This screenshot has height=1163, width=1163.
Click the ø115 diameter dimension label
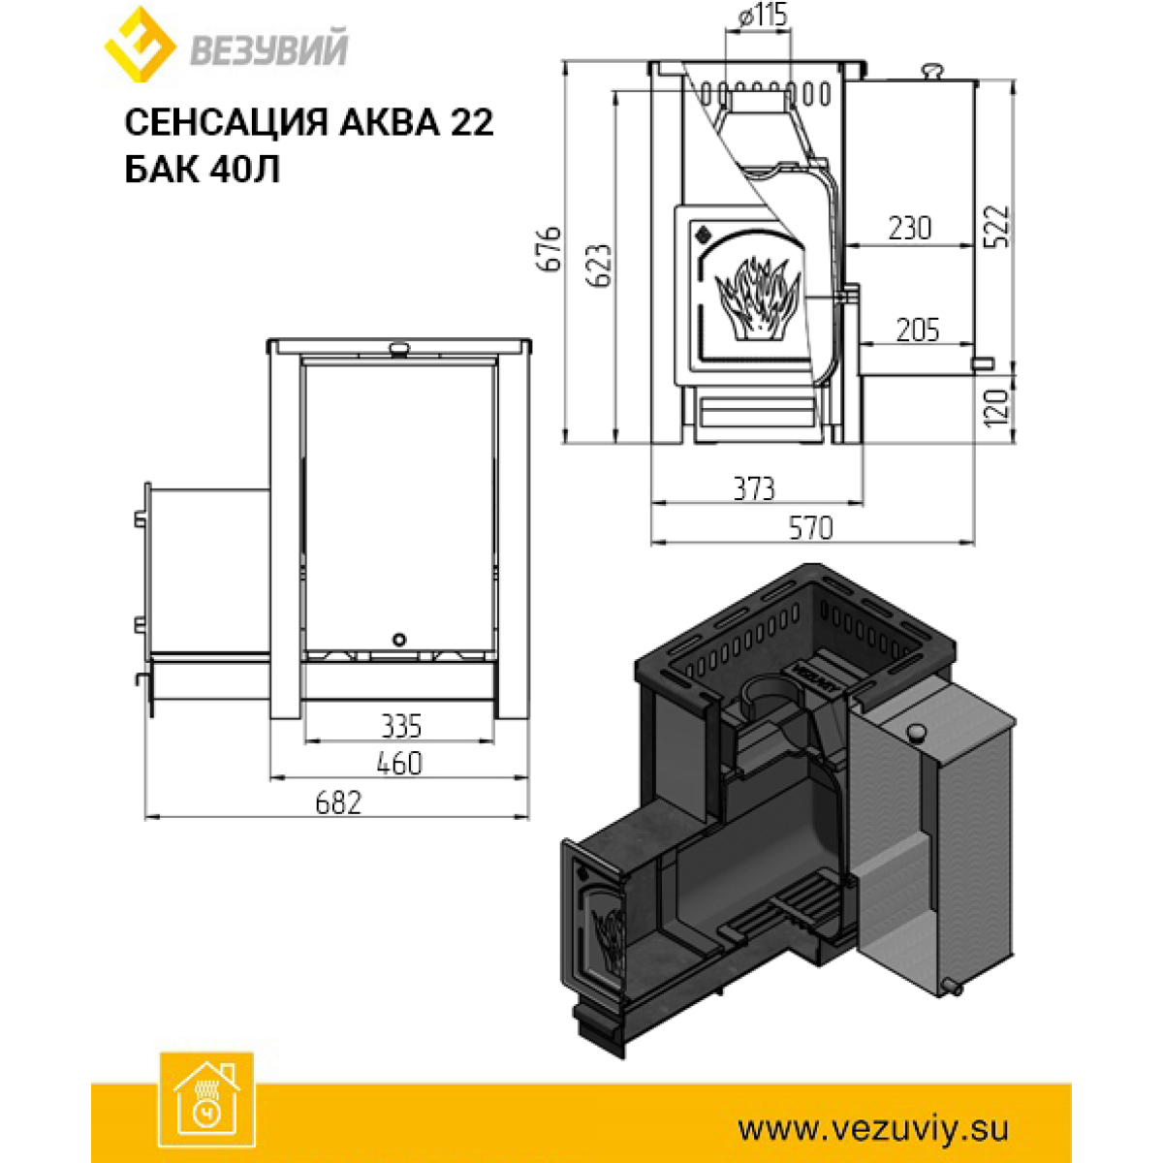click(x=763, y=16)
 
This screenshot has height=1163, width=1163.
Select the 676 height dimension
click(x=550, y=249)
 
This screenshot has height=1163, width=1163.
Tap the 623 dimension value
click(x=601, y=266)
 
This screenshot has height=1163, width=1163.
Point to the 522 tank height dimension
click(x=996, y=227)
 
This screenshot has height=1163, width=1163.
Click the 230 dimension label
click(x=910, y=228)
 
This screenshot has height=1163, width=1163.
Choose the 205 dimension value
click(x=918, y=330)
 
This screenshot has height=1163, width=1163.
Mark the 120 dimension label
click(x=996, y=408)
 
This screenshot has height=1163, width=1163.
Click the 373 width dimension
click(x=754, y=488)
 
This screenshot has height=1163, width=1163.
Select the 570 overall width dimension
click(x=810, y=528)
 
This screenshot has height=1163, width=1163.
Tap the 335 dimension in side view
click(x=401, y=726)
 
